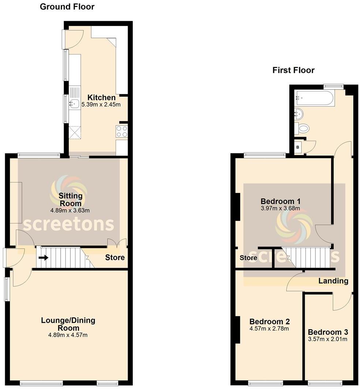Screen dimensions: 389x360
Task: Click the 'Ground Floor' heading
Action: point(67,7)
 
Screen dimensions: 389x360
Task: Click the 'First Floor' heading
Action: point(293,70)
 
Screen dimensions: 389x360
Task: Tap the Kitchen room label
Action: point(101,98)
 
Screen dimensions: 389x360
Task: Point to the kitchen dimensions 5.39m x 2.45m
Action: point(101,105)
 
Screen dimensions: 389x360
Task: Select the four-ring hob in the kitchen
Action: point(121,131)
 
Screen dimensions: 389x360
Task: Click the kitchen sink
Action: point(74,104)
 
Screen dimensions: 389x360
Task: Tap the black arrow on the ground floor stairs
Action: point(43,258)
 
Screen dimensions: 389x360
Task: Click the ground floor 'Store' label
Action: point(115,257)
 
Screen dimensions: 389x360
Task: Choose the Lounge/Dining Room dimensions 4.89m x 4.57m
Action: point(68,335)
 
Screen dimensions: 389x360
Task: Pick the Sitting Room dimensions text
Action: point(70,210)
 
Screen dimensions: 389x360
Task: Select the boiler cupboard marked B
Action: point(298,147)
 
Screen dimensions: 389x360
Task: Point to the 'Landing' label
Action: point(333,281)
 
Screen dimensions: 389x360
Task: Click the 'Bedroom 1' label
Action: point(280,201)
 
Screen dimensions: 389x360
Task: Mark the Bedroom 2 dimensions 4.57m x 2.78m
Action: point(270,328)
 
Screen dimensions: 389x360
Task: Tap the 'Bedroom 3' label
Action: point(328,332)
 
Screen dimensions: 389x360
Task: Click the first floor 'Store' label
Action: point(248,258)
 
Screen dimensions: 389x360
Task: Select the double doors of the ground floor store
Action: point(117,243)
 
